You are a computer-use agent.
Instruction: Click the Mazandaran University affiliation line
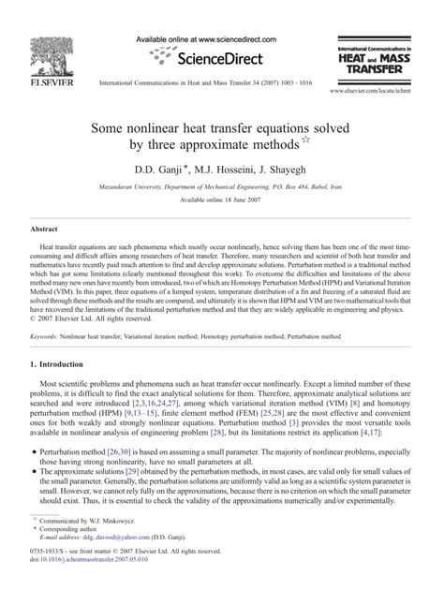pyautogui.click(x=221, y=186)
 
